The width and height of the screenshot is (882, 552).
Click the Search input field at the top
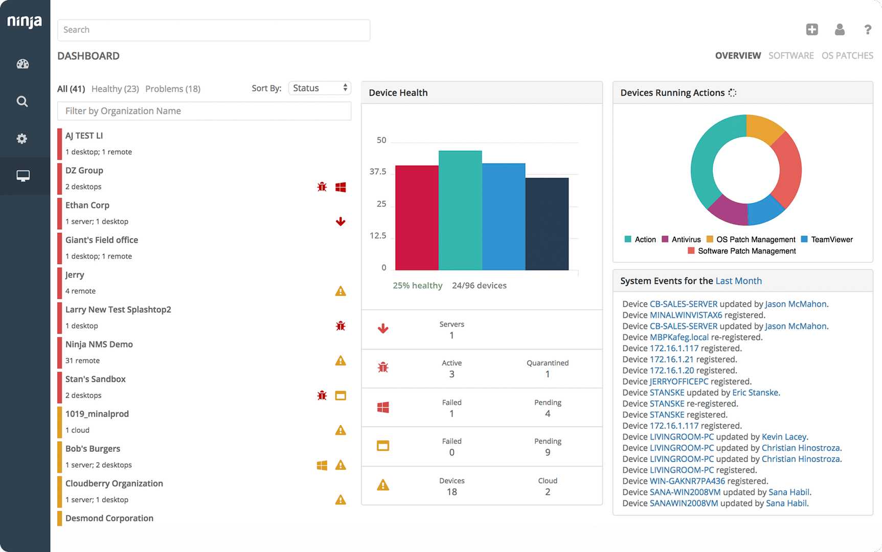213,30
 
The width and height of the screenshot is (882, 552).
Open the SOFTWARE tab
790,56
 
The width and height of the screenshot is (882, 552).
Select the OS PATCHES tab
847,56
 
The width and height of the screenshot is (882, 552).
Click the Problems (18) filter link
172,89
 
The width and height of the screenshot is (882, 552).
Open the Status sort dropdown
320,88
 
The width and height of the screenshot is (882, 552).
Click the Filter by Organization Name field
204,111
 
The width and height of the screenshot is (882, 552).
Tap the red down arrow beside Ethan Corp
341,222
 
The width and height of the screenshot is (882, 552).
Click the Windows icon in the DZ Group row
341,187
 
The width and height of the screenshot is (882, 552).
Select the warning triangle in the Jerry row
341,291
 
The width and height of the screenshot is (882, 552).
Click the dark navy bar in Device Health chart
547,225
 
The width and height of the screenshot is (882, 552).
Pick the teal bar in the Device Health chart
460,210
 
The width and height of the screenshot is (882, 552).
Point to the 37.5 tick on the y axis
378,172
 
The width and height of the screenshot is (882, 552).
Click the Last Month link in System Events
738,281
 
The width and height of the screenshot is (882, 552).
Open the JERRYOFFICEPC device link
679,382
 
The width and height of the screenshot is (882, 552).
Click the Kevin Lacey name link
783,437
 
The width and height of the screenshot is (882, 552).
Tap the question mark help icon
867,30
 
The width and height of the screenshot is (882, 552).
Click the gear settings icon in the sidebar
22,139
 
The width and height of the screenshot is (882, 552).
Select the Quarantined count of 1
547,374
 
